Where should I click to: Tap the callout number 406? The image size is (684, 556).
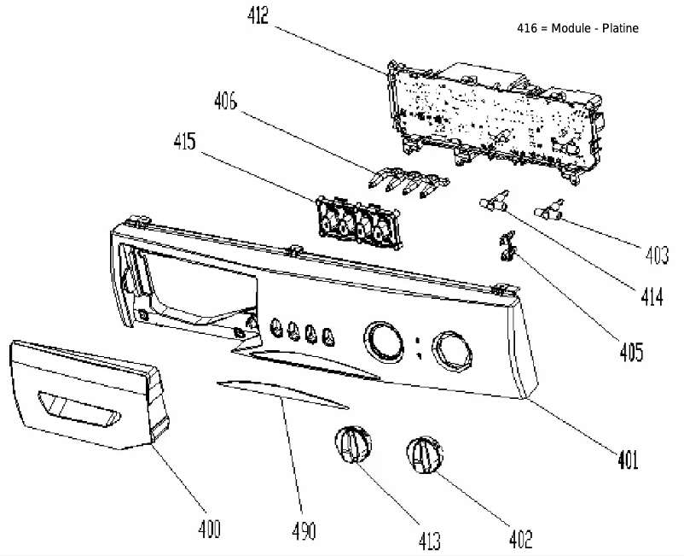click(x=226, y=102)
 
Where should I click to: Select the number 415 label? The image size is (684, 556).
click(x=185, y=142)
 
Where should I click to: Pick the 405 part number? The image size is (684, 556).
click(x=630, y=352)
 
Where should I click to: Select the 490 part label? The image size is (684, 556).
click(x=303, y=530)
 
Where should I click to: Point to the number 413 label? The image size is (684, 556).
click(x=430, y=540)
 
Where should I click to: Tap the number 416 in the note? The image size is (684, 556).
click(x=527, y=28)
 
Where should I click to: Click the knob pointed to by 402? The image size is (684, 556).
click(x=424, y=454)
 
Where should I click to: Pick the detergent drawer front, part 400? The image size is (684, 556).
click(x=85, y=393)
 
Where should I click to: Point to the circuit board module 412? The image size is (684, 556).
click(x=495, y=111)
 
